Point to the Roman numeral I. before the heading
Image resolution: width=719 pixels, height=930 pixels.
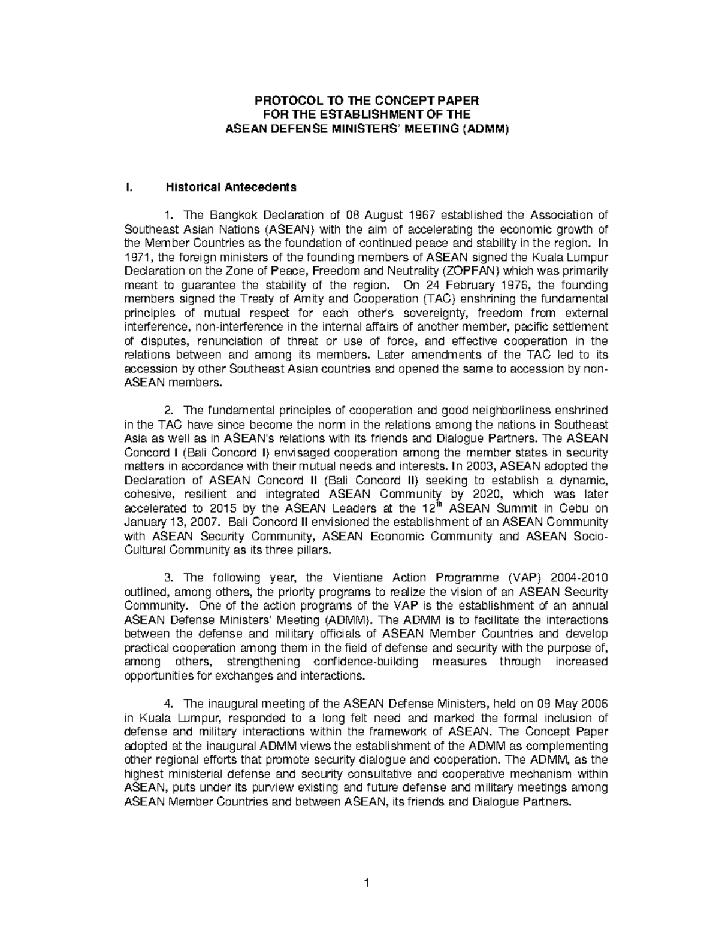tap(126, 187)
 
